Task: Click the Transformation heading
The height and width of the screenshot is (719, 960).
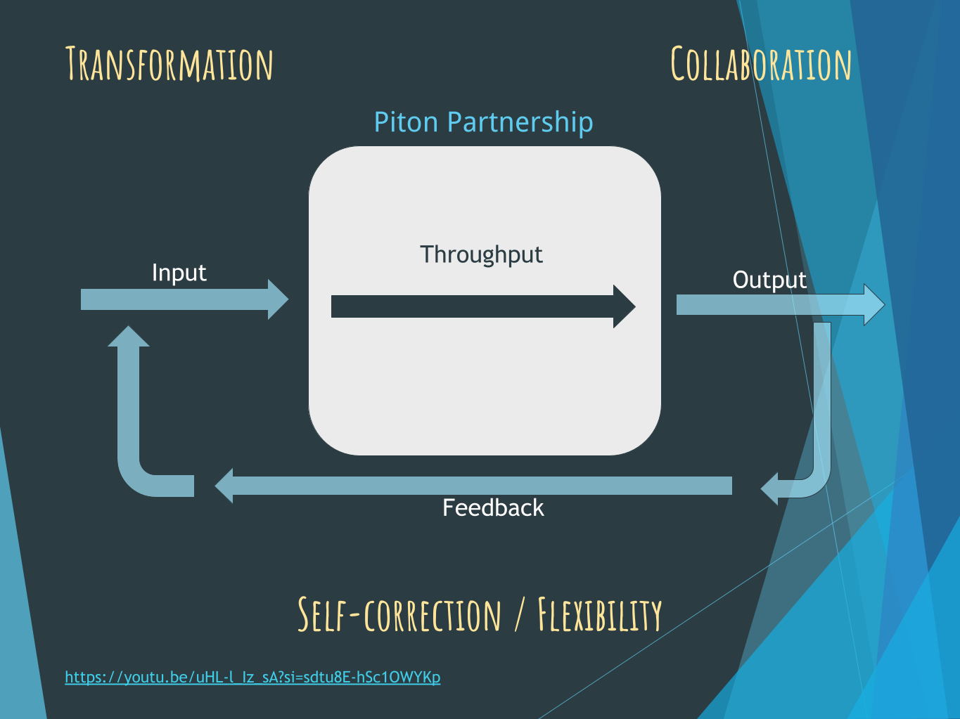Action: pos(169,64)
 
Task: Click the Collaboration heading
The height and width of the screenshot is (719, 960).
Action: pos(761,64)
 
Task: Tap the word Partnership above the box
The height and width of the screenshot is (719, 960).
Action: pos(520,122)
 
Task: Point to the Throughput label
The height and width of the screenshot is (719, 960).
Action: pos(481,254)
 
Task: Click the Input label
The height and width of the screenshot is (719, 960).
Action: pos(179,273)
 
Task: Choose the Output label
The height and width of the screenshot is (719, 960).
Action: pos(769,280)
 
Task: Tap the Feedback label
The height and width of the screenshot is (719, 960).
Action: pos(493,507)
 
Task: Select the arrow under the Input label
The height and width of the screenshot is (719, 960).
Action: pos(176,299)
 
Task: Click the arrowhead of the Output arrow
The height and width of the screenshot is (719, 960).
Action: pos(873,304)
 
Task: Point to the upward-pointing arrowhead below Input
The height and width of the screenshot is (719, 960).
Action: pos(129,337)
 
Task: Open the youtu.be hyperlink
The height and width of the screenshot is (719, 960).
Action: pos(252,677)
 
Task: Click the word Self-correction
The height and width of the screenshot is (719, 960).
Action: pos(399,615)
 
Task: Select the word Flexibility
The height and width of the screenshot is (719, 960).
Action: pos(600,615)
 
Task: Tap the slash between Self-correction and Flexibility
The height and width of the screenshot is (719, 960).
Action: pos(519,616)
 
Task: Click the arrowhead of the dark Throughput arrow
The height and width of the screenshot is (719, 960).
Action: pos(625,306)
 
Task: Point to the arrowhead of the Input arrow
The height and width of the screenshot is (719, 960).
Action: pos(278,299)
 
